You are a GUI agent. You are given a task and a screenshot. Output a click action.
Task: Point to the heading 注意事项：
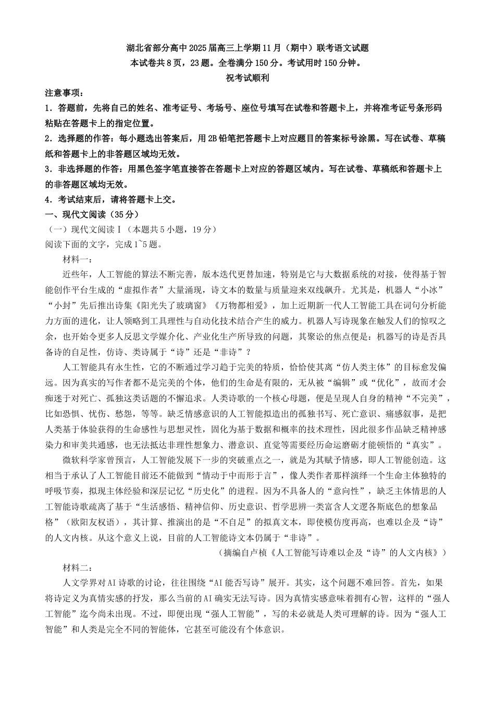coord(64,93)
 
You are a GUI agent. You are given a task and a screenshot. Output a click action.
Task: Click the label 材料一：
coord(78,259)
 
